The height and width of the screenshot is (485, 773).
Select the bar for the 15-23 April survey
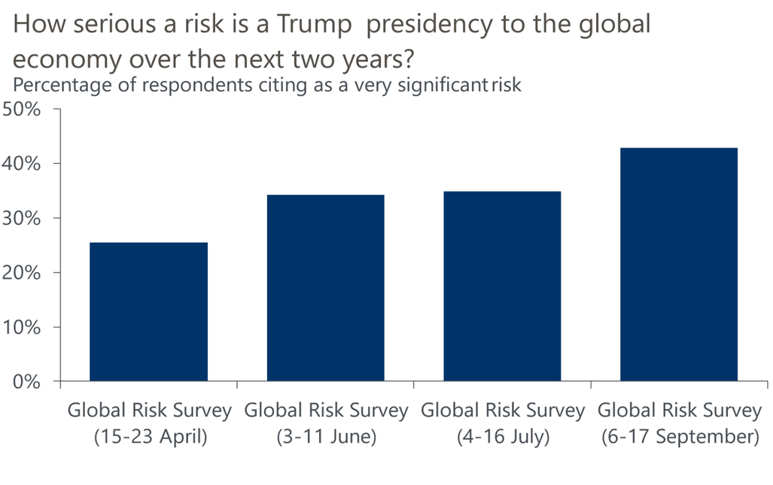[x=148, y=311]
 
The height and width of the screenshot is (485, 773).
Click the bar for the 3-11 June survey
[x=325, y=287]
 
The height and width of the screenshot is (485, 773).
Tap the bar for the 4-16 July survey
[x=502, y=286]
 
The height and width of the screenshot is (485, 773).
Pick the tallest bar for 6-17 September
[x=679, y=264]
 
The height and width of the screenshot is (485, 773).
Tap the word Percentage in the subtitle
[x=59, y=85]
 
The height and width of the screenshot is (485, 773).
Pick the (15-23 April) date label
[x=149, y=437]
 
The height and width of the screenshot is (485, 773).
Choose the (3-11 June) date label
[x=326, y=437]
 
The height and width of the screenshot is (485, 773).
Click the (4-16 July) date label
[x=503, y=437]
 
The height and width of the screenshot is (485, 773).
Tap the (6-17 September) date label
[x=680, y=437]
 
